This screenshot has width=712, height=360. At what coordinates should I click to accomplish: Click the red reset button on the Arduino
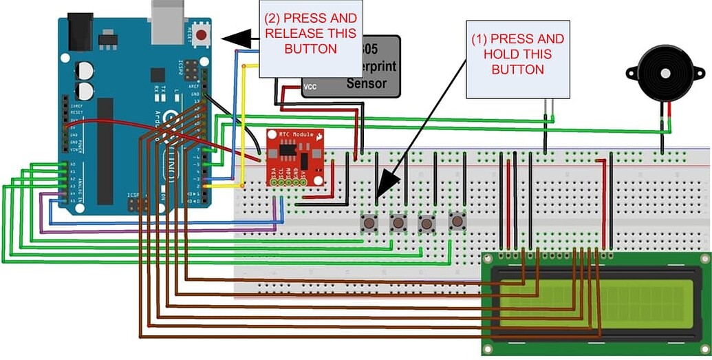click(202, 34)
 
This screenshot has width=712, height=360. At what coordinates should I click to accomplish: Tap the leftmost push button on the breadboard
click(369, 223)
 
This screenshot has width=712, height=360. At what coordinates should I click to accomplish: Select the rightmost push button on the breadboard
click(456, 221)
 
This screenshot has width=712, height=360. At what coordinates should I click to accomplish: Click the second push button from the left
click(398, 223)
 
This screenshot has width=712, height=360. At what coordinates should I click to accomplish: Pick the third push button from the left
click(427, 223)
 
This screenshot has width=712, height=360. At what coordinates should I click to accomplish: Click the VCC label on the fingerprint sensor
click(310, 87)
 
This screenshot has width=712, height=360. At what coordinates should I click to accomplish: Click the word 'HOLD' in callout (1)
click(517, 54)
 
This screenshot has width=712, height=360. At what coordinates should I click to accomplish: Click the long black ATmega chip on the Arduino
click(105, 151)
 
